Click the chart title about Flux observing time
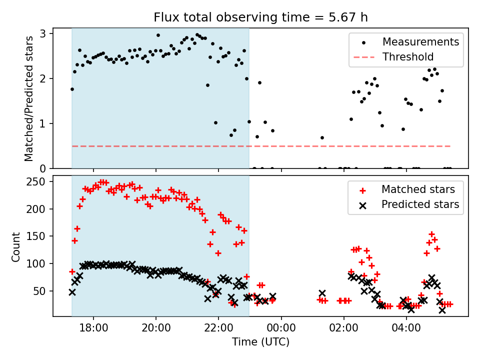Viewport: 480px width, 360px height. point(260,18)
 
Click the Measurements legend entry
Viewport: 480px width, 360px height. point(420,42)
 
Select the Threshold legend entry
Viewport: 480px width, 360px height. point(408,57)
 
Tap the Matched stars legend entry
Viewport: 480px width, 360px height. point(418,189)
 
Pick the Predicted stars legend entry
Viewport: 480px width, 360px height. point(420,204)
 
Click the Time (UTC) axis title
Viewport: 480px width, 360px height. point(260,342)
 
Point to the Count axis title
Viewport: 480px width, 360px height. point(16,246)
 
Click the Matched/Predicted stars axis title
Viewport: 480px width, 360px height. point(29,98)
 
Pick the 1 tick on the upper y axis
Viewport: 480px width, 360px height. point(44,123)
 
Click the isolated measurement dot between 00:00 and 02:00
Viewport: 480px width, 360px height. point(322,137)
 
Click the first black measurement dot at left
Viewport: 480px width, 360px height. point(72,89)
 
